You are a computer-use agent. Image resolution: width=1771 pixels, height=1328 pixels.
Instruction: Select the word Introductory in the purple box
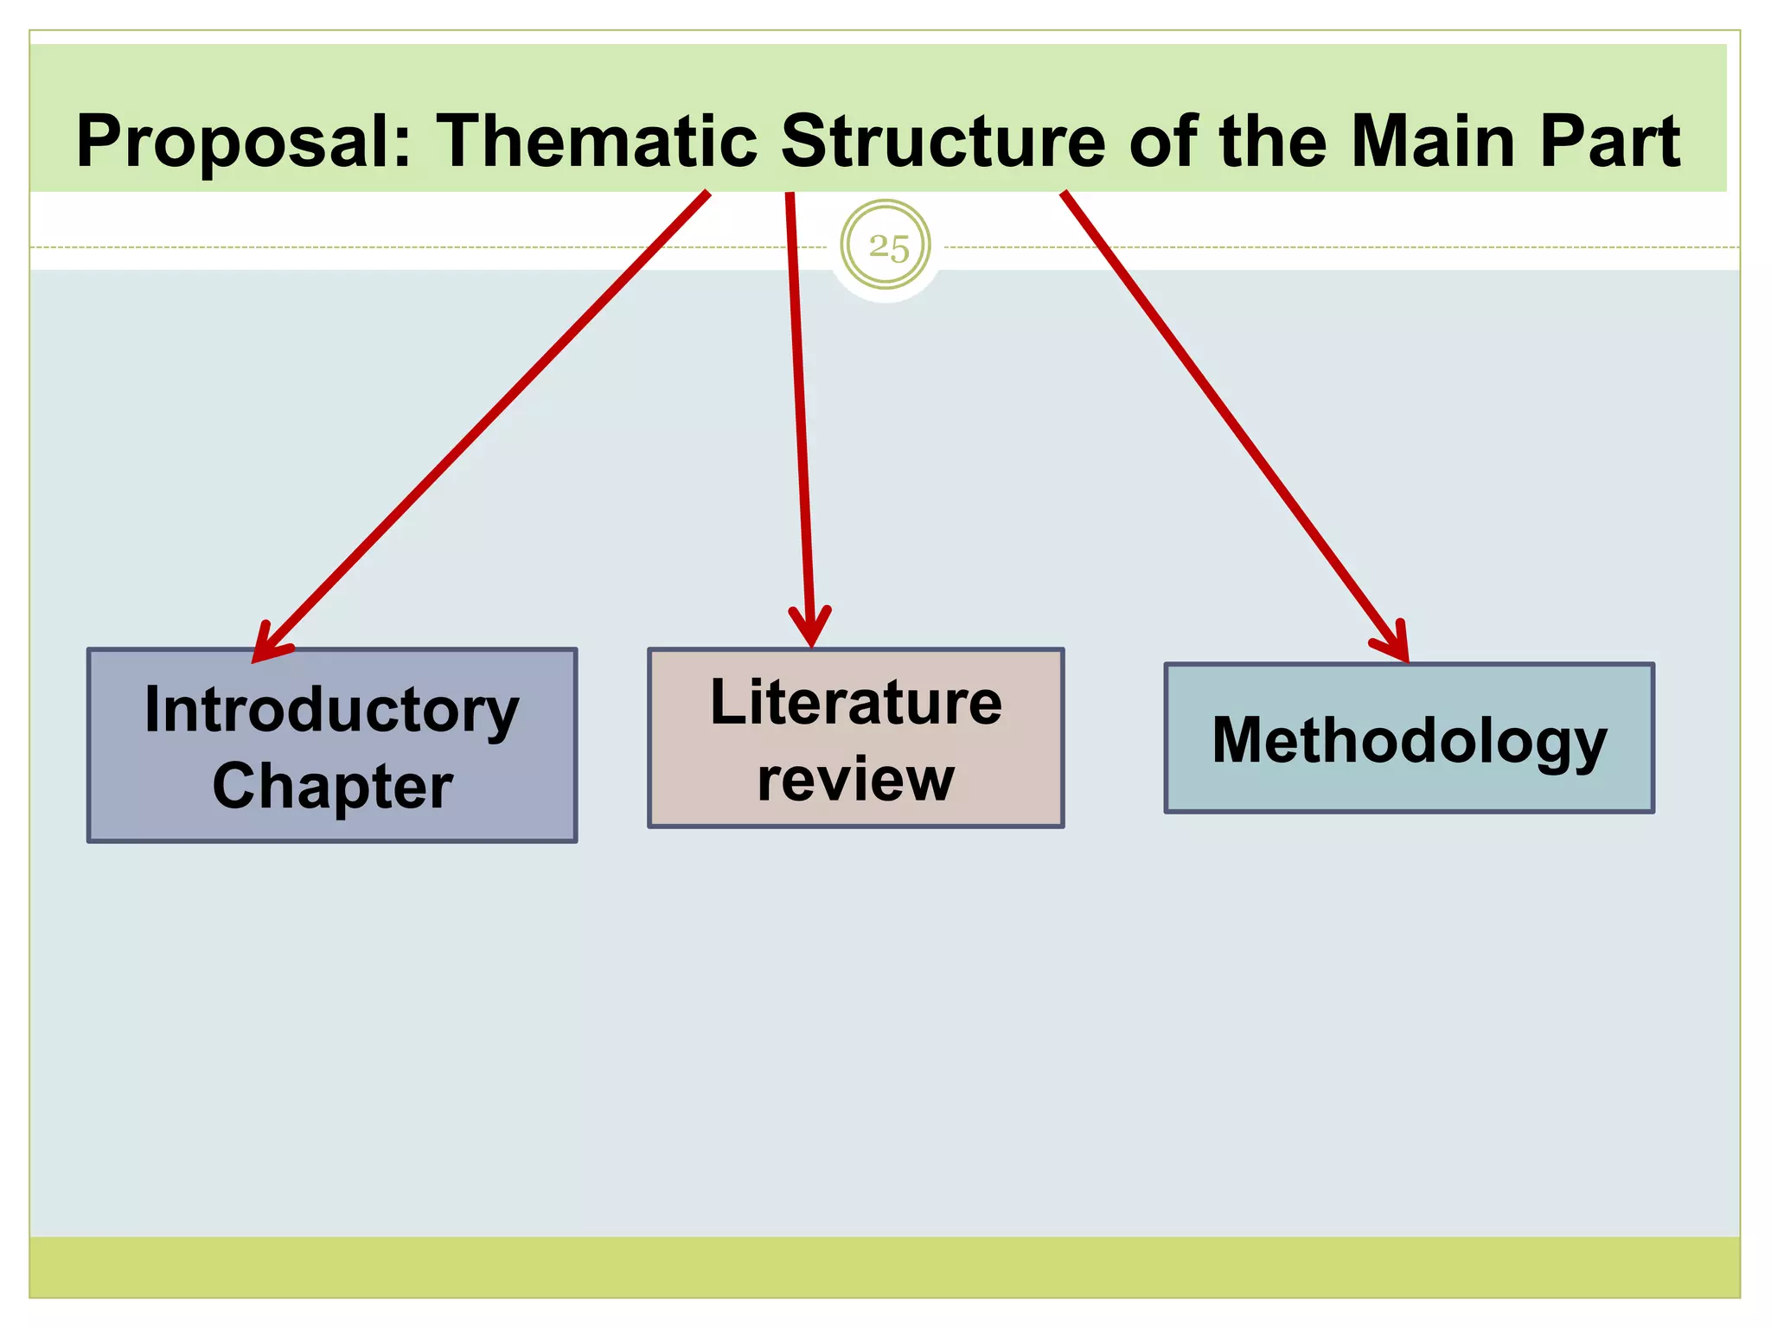(332, 711)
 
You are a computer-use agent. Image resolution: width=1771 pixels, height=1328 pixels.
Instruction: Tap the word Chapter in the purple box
(332, 787)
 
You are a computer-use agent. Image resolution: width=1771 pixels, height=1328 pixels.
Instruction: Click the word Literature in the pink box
(855, 703)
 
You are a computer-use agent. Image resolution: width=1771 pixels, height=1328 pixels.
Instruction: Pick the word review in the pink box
(855, 780)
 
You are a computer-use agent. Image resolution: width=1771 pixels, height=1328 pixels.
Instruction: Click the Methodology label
(1409, 741)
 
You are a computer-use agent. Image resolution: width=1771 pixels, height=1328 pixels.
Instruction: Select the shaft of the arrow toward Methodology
(1228, 424)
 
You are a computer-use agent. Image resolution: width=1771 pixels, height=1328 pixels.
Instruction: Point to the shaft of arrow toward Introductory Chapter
(484, 424)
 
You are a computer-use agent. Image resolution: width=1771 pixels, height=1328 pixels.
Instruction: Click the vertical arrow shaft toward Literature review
(800, 415)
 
